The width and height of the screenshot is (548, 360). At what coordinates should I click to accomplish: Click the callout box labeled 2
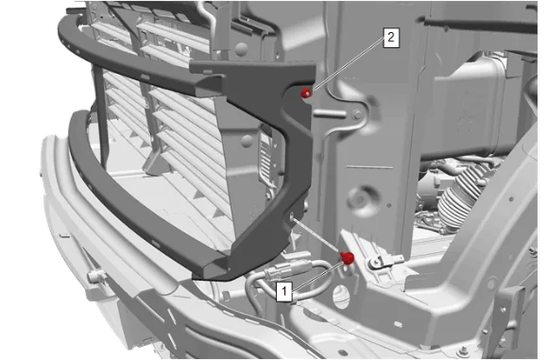tap(391, 37)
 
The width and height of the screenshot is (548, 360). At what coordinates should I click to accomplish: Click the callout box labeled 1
tap(283, 291)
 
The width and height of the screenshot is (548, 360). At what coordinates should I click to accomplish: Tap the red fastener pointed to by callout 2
tap(306, 93)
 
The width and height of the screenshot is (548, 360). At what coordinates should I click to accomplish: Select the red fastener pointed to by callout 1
tap(347, 258)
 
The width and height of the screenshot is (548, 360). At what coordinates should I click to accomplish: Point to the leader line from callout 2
tap(349, 64)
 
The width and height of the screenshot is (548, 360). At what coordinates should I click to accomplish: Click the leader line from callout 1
tap(317, 276)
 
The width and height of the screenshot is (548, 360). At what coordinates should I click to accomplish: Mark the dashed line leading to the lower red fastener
tap(317, 236)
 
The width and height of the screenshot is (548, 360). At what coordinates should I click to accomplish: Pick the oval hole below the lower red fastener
tap(341, 296)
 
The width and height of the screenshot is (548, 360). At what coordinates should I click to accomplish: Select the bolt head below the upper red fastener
tap(357, 114)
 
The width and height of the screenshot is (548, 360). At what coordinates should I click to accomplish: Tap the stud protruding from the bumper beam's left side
tap(95, 276)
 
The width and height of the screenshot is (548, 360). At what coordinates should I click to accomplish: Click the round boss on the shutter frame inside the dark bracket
tap(248, 141)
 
